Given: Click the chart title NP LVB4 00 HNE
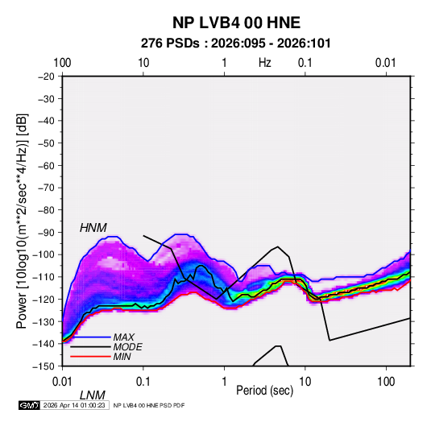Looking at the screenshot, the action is click(x=236, y=23).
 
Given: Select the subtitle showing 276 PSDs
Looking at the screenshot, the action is click(x=235, y=43).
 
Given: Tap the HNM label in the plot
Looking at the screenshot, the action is click(x=93, y=228).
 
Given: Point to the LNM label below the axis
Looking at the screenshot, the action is click(x=93, y=395).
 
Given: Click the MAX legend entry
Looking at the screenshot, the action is click(x=124, y=337).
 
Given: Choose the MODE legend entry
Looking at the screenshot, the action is click(x=127, y=347).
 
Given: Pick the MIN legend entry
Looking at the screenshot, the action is click(x=122, y=357).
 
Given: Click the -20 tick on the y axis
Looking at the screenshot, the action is click(x=46, y=77).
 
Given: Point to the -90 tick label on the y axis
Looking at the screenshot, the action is click(x=46, y=232).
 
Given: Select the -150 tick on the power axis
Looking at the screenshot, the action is click(x=44, y=366).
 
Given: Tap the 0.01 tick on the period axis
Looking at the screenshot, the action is click(x=62, y=382).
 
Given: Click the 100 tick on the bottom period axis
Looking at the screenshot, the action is click(x=386, y=382).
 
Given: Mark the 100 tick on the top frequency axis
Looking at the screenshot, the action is click(x=62, y=63).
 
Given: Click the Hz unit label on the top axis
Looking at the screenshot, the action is click(x=265, y=63).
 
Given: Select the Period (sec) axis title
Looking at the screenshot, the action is click(x=265, y=391).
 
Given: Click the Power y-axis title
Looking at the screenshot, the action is click(x=22, y=221).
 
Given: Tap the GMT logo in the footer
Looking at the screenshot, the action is click(x=30, y=405).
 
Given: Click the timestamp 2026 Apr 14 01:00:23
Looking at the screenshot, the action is click(x=74, y=405).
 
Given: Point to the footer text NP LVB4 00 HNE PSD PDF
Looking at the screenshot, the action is click(x=149, y=405).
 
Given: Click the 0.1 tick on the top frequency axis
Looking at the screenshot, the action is click(x=305, y=63).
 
